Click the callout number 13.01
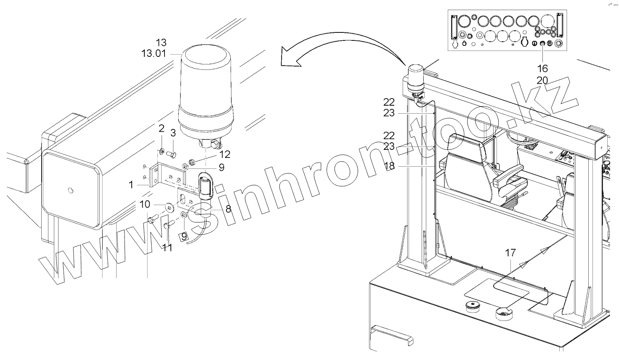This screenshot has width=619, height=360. point(154,53)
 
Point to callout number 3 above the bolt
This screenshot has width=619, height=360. point(173,133)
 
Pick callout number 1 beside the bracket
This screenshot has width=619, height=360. point(131,184)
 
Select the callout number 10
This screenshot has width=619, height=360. point(145,205)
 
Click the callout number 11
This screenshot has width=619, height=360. point(167,248)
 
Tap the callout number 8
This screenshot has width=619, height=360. point(228,208)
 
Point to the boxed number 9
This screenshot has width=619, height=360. point(183,237)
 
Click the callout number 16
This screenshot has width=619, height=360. point(542,68)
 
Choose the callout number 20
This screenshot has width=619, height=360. point(542,80)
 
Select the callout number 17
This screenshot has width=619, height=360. point(510,253)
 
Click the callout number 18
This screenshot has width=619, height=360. point(389,166)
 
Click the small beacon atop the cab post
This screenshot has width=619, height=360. point(414,78)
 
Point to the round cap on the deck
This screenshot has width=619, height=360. point(473,306)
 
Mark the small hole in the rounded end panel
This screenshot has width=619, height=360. point(70,191)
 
